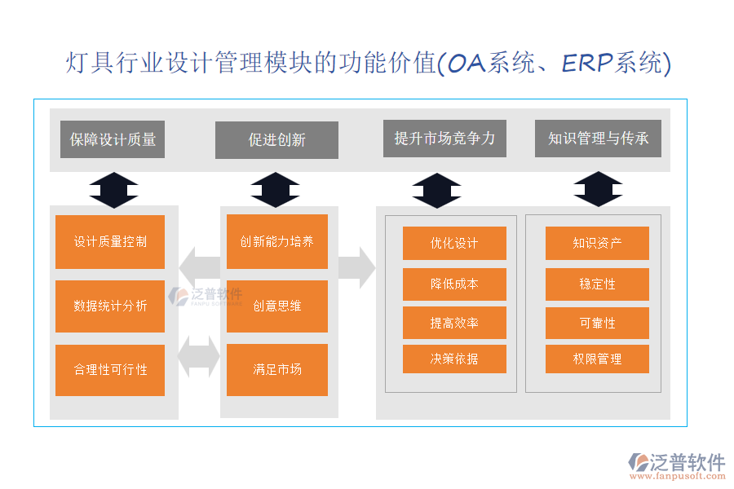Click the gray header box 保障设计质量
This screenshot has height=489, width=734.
pos(113,139)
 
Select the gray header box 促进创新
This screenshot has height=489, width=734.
pos(276,140)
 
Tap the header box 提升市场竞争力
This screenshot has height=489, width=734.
pos(444,138)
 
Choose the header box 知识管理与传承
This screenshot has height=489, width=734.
pos(598,138)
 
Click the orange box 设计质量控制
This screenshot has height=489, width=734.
pos(110,242)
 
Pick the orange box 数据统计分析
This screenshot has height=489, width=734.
pos(110,306)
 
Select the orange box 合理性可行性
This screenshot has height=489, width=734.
pos(110,370)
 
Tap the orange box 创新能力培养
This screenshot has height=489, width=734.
pos(276,242)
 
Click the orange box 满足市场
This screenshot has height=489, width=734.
pos(276,370)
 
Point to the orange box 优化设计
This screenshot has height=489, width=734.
pos(454,244)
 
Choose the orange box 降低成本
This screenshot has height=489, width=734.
pos(454,284)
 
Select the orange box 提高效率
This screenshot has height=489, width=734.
pos(454,323)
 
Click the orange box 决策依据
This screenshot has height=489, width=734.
pos(454,359)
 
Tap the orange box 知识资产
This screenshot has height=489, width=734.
pos(597,244)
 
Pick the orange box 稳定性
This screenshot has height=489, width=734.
pos(597,284)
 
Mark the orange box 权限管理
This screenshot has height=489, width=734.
pos(597,359)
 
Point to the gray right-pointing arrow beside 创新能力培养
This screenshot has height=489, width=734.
pos(356,267)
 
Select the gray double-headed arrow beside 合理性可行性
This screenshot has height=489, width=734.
pos(199,356)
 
